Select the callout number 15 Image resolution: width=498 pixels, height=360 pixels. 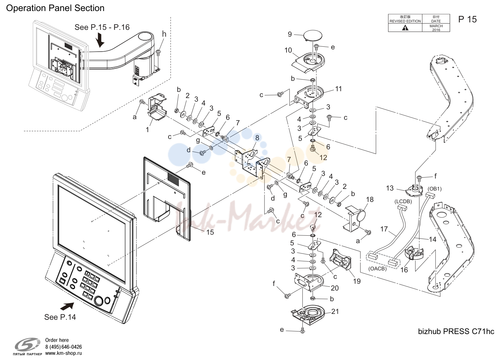click(210, 232)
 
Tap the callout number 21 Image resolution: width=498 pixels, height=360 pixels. click(335, 312)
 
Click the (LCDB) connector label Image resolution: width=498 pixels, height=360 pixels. click(403, 202)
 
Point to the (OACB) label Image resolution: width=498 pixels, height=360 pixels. click(377, 268)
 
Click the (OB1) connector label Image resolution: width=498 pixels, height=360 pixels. click(435, 189)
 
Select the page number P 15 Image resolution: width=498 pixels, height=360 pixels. click(467, 19)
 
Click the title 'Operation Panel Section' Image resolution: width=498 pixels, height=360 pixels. click(55, 8)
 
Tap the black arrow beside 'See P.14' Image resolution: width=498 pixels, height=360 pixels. click(67, 306)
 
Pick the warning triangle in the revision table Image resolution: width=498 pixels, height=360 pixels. click(405, 28)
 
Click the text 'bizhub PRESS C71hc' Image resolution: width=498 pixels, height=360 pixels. click(456, 331)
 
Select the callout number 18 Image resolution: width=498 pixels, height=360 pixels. click(370, 199)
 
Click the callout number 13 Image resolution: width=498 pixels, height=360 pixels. click(390, 188)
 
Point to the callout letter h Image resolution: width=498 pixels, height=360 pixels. click(164, 34)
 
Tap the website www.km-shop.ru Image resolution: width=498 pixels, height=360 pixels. click(64, 353)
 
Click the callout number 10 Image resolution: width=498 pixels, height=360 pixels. click(288, 50)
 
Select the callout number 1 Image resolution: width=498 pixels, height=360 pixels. click(147, 130)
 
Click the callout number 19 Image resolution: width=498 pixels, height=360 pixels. click(357, 281)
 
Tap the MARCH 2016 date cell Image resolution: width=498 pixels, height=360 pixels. click(436, 28)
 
